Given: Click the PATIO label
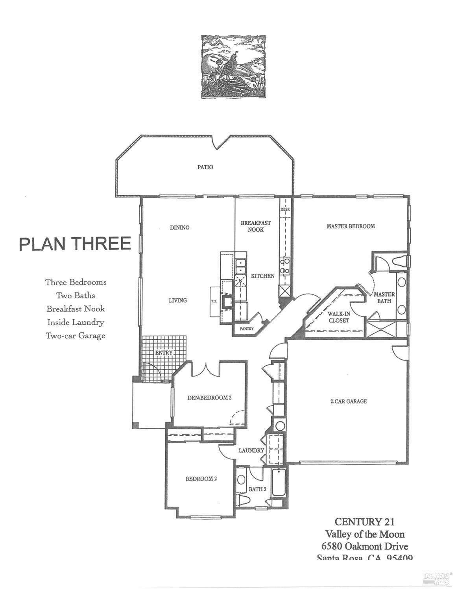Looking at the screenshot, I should (205, 167).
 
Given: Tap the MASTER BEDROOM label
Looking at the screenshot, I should (351, 226).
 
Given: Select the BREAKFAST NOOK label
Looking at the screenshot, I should (256, 226).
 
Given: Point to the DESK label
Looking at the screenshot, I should (285, 209).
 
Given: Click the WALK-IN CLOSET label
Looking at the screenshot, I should (338, 317).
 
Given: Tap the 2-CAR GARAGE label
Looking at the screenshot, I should (348, 401).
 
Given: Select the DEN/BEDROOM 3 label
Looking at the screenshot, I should (209, 398).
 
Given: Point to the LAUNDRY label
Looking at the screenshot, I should (251, 450).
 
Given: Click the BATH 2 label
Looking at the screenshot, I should (258, 489).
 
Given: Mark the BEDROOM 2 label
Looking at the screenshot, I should (201, 479).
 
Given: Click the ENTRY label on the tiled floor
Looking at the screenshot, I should (164, 353).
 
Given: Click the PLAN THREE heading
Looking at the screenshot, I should (75, 244).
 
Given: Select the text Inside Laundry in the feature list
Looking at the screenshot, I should (76, 322).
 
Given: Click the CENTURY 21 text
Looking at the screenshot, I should (364, 522).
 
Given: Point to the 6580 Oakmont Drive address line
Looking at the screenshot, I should (364, 546).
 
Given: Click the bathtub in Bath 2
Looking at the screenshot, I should (279, 482).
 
